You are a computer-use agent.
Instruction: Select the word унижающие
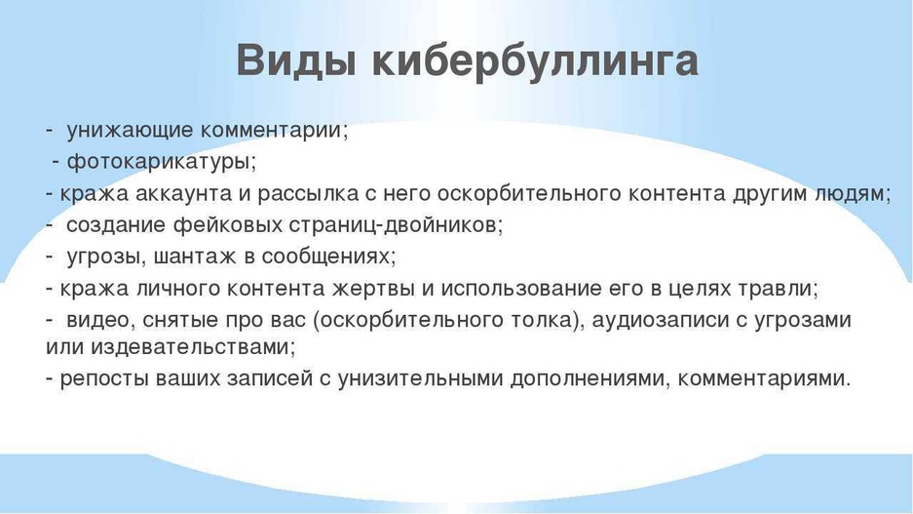click(130, 130)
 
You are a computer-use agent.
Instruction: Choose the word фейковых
click(228, 225)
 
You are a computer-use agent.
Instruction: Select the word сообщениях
click(324, 257)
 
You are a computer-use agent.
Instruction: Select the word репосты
click(105, 379)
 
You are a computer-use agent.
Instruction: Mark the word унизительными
click(420, 379)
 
